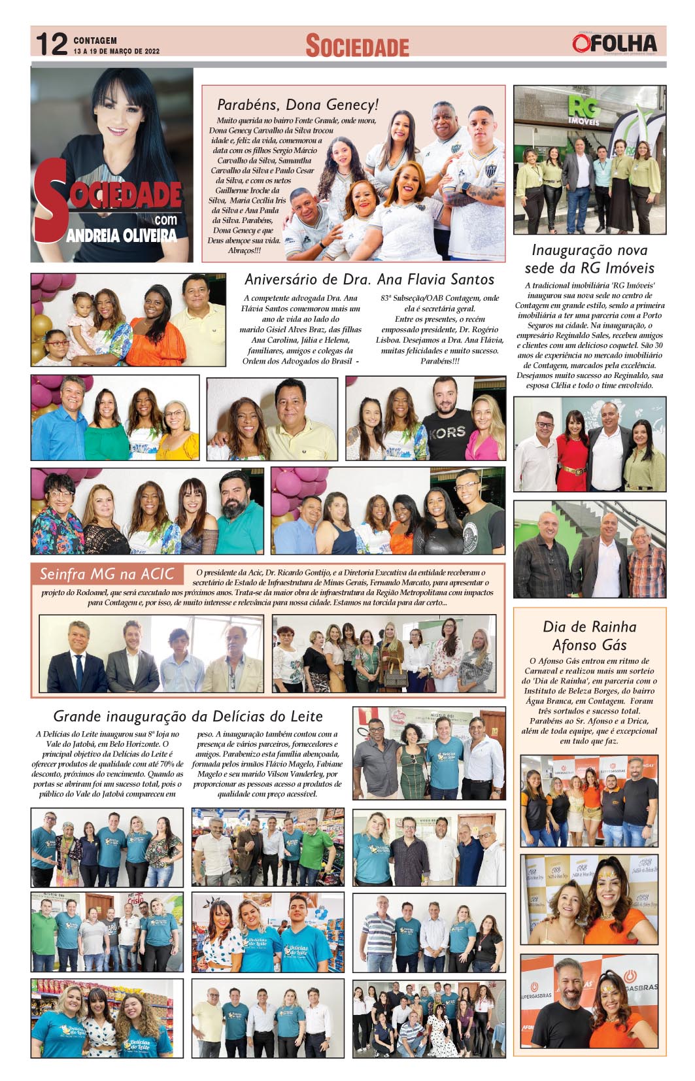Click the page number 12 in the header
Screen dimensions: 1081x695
[x=51, y=44]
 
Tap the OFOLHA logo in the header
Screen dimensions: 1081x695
[x=614, y=43]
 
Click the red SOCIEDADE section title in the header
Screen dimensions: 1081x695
[x=357, y=46]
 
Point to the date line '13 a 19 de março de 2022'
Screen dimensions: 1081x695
[x=116, y=51]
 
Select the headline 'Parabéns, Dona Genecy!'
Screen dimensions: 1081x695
[x=297, y=105]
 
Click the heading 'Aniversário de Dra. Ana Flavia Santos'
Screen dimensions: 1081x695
[x=369, y=280]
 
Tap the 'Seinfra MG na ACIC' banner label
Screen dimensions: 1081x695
[x=107, y=574]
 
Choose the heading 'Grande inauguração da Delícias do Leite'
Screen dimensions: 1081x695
[x=188, y=716]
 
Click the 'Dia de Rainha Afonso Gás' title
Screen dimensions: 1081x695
[x=589, y=636]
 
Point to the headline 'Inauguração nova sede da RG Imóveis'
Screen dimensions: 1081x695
[x=589, y=259]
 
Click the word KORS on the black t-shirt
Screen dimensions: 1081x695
[x=448, y=432]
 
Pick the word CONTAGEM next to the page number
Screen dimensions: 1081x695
[x=95, y=41]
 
